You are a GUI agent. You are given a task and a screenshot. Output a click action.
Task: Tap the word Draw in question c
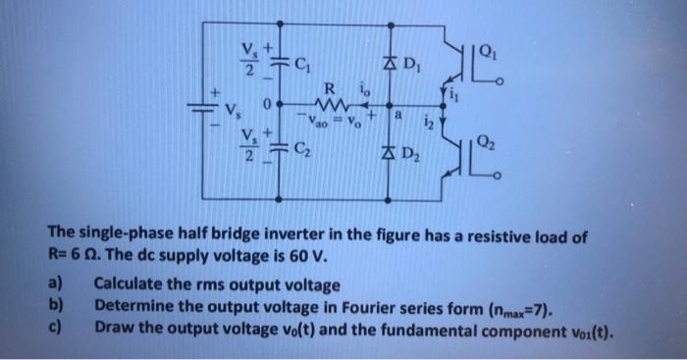pyautogui.click(x=113, y=323)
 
